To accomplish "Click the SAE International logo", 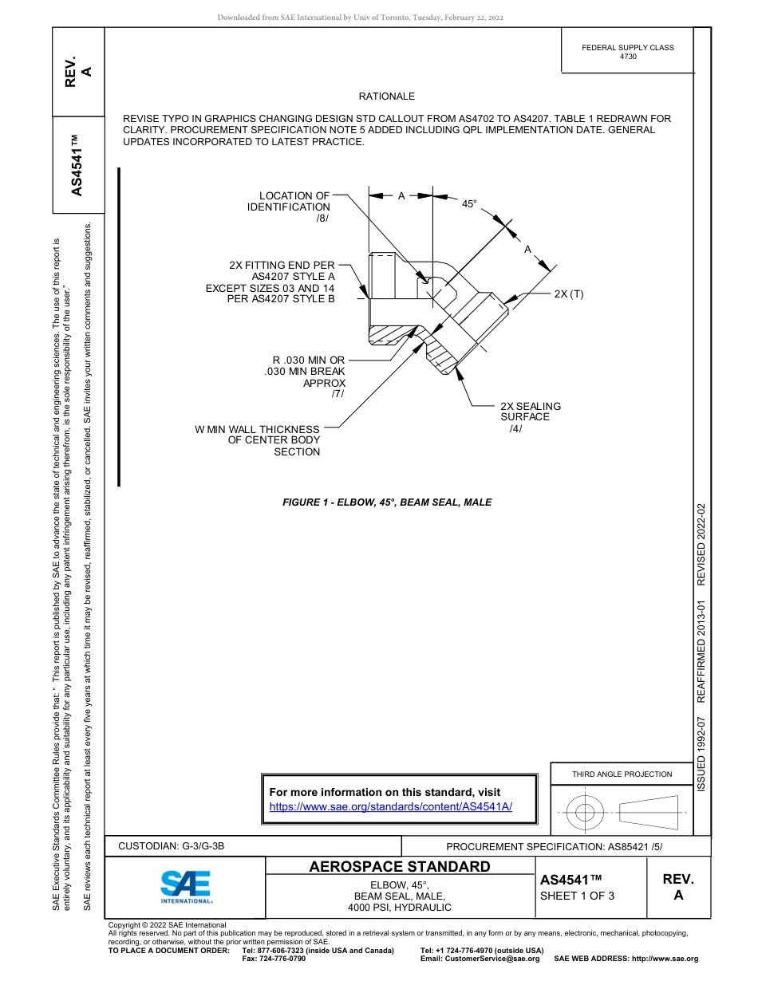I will [x=186, y=886].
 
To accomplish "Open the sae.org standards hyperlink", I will [x=390, y=806].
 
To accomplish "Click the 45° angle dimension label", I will [x=469, y=204].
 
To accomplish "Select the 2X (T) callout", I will [x=569, y=294].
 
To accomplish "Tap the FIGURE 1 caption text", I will [x=387, y=502].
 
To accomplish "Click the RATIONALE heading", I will [x=386, y=97].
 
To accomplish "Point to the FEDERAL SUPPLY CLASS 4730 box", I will [x=627, y=52].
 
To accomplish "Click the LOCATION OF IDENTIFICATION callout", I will [x=289, y=207].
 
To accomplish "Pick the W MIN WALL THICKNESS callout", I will [x=258, y=440].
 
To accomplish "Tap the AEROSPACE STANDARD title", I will [x=400, y=867].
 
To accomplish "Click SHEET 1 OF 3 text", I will [x=577, y=896].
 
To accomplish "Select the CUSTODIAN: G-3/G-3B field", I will [x=176, y=846].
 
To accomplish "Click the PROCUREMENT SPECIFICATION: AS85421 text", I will [x=554, y=847].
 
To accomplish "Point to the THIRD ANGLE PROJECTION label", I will [x=622, y=774].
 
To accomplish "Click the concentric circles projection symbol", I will [x=585, y=813].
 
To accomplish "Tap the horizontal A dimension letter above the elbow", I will [x=401, y=195].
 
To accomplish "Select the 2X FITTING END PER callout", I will [x=270, y=282].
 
